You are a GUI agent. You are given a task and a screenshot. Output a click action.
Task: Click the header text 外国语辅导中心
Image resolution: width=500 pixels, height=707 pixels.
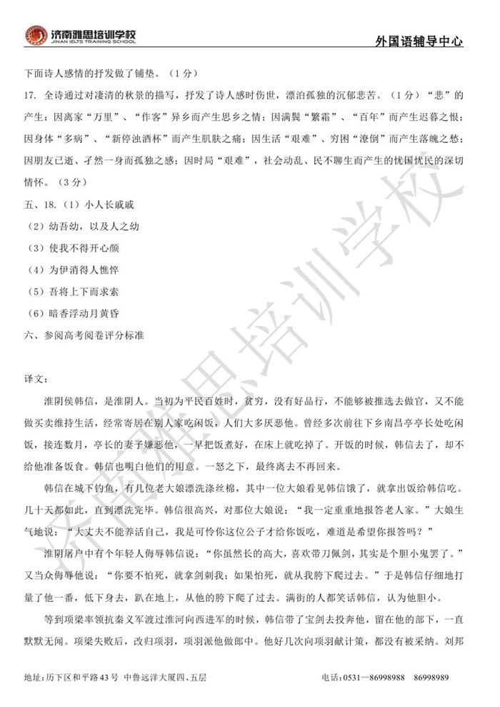(418, 41)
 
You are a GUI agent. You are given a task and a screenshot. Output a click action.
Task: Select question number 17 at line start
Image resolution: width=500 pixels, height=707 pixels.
(30, 95)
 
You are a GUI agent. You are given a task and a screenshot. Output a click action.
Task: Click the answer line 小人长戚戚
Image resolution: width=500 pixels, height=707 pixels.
(109, 205)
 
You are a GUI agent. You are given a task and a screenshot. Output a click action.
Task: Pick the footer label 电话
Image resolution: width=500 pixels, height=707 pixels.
(330, 677)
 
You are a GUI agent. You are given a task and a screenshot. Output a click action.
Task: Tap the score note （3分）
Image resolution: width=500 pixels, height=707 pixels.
(62, 182)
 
